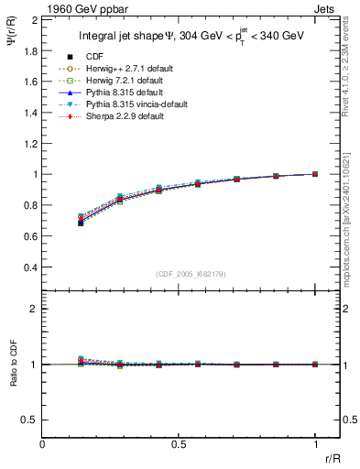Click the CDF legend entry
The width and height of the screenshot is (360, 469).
(x=91, y=57)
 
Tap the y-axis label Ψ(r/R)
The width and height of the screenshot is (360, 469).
(x=12, y=38)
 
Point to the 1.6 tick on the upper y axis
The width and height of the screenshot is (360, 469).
(x=29, y=82)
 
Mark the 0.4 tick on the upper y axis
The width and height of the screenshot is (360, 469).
(x=29, y=267)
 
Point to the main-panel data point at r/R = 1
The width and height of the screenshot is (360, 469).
(x=315, y=174)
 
